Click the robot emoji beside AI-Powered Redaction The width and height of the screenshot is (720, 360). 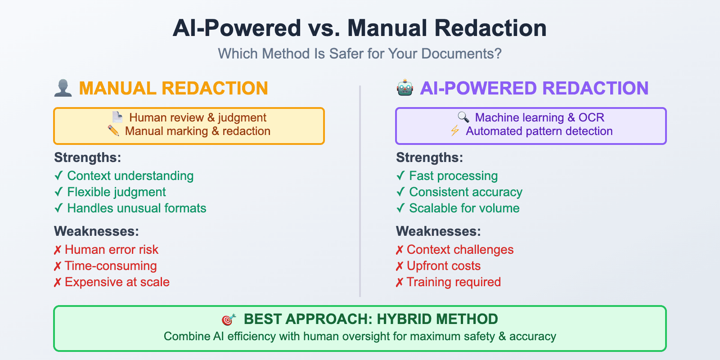point(405,88)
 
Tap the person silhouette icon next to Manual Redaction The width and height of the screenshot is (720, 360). point(63,88)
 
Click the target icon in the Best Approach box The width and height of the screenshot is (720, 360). point(229,319)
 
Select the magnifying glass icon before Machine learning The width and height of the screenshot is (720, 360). point(463,117)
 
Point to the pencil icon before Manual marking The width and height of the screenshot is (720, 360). point(113,131)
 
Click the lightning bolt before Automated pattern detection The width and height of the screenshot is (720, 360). point(455,131)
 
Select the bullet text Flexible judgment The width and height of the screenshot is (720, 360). point(116,192)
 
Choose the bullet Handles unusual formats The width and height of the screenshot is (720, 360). point(136,208)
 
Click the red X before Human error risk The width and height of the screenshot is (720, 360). point(58,250)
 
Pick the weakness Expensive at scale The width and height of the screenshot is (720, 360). point(117,282)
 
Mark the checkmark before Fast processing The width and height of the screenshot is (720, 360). point(400,176)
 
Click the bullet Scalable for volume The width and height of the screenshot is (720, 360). point(464,208)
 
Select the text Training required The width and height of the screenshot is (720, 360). point(454,282)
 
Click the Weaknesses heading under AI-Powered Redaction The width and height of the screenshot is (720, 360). point(438,231)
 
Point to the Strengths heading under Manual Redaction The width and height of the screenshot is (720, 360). point(88,157)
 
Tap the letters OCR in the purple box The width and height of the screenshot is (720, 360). point(591,117)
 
